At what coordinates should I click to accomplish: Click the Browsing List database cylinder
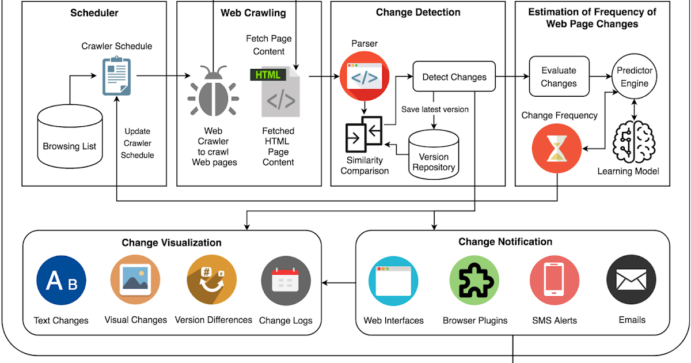(70, 141)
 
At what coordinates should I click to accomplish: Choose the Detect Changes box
(454, 77)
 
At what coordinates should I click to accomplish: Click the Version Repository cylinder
(433, 154)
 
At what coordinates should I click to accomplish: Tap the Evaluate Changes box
(559, 77)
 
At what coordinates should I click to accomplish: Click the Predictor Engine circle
(634, 77)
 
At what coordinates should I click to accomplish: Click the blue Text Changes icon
(61, 281)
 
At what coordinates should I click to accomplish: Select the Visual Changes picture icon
(135, 281)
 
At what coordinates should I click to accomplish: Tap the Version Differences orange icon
(212, 281)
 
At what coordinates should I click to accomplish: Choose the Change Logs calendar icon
(286, 282)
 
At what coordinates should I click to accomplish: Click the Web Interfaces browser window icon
(393, 281)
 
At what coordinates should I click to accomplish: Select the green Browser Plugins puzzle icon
(474, 281)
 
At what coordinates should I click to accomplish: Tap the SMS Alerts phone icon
(554, 281)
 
